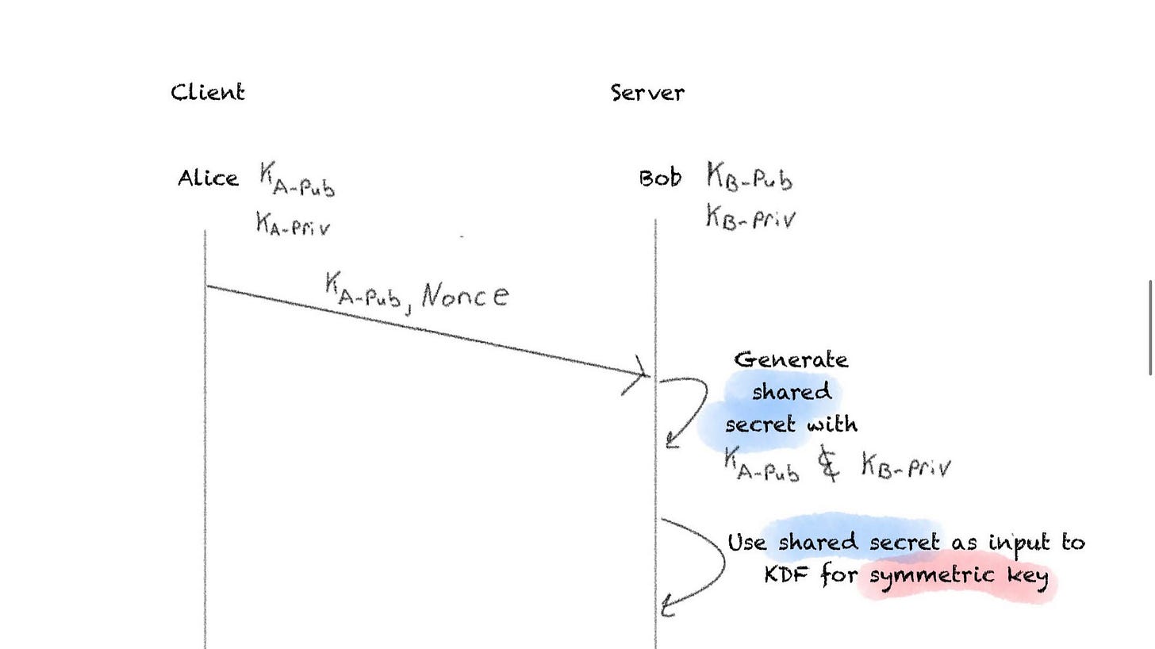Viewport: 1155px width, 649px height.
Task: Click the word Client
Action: click(x=208, y=93)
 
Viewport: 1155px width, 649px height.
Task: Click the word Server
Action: click(x=647, y=93)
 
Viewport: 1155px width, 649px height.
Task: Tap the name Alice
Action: click(x=208, y=179)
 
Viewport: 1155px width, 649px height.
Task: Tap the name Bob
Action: click(x=660, y=178)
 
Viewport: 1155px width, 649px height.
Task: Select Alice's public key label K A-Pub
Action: click(x=297, y=180)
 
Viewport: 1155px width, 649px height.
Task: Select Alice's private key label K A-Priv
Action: click(x=293, y=225)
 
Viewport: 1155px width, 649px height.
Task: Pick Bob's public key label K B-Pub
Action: click(x=749, y=178)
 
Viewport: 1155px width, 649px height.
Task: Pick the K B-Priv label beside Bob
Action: click(x=750, y=217)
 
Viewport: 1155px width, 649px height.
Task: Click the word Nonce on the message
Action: click(x=465, y=295)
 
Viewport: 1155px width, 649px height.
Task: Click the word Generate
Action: click(x=791, y=360)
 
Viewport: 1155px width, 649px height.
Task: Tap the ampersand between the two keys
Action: click(x=828, y=464)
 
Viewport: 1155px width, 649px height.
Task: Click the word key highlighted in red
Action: click(x=1028, y=575)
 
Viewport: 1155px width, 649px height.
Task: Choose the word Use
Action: click(x=747, y=543)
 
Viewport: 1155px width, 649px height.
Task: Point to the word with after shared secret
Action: click(x=832, y=424)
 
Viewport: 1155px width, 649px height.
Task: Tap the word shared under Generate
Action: click(x=791, y=392)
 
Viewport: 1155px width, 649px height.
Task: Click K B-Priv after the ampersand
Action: click(x=906, y=467)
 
